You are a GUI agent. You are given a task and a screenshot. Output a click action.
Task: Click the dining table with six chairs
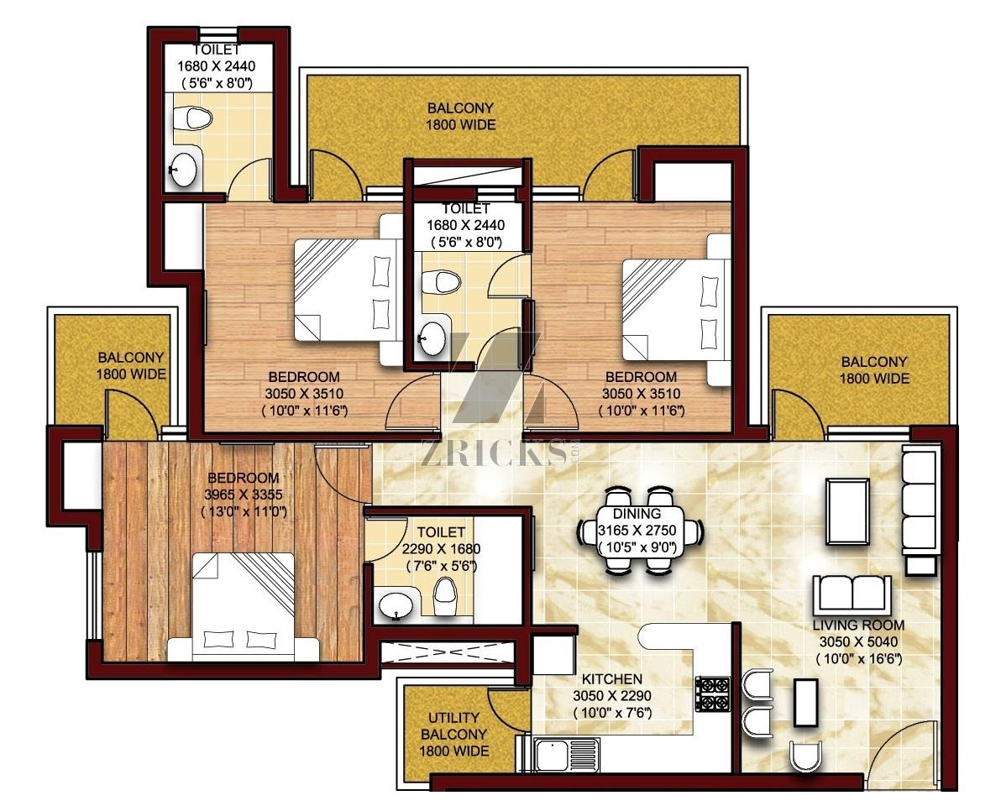pyautogui.click(x=640, y=530)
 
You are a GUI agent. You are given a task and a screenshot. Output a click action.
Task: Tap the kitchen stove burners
pyautogui.click(x=713, y=693)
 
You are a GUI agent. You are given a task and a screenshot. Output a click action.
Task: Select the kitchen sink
pyautogui.click(x=566, y=756)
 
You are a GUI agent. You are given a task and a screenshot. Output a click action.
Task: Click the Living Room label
pyautogui.click(x=858, y=625)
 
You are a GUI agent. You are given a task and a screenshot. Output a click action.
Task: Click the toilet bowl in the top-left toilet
pyautogui.click(x=193, y=118)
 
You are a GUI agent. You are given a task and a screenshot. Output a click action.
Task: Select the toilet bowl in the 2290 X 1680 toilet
pyautogui.click(x=444, y=596)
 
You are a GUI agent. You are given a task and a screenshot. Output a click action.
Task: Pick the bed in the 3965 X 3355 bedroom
pyautogui.click(x=244, y=607)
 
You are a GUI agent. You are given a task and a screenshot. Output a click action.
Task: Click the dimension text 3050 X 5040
pyautogui.click(x=858, y=642)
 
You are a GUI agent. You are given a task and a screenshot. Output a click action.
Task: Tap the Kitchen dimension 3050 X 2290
pyautogui.click(x=611, y=696)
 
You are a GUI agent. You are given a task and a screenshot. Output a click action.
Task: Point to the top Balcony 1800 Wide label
pyautogui.click(x=460, y=116)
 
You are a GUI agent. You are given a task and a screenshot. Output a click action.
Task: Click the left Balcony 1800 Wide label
pyautogui.click(x=131, y=366)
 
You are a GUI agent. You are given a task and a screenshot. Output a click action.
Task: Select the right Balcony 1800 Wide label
pyautogui.click(x=874, y=370)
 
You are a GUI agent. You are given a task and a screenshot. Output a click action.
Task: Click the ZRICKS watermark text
pyautogui.click(x=491, y=453)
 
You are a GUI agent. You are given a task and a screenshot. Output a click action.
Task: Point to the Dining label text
pyautogui.click(x=637, y=513)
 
